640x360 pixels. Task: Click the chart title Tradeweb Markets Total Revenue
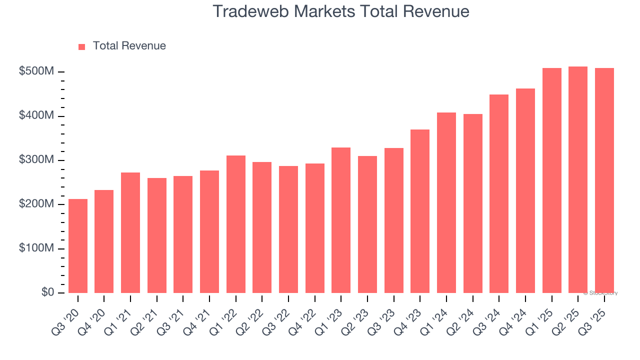pos(341,11)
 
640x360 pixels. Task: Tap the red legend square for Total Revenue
pos(82,46)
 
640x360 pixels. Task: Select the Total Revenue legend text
pos(129,46)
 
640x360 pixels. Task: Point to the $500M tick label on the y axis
pos(36,71)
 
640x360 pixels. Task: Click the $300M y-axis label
pos(36,160)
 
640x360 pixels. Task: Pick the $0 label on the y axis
pos(47,292)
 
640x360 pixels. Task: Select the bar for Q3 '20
pos(78,246)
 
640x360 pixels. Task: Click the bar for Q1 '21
pos(130,232)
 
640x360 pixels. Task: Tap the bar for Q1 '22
pos(236,224)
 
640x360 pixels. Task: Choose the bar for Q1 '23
pos(341,220)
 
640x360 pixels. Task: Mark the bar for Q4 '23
pos(420,211)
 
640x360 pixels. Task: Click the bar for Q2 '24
pos(472,203)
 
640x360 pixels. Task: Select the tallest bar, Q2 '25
pos(578,179)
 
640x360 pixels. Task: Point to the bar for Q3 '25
pos(604,180)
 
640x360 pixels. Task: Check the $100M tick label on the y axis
pos(36,248)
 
